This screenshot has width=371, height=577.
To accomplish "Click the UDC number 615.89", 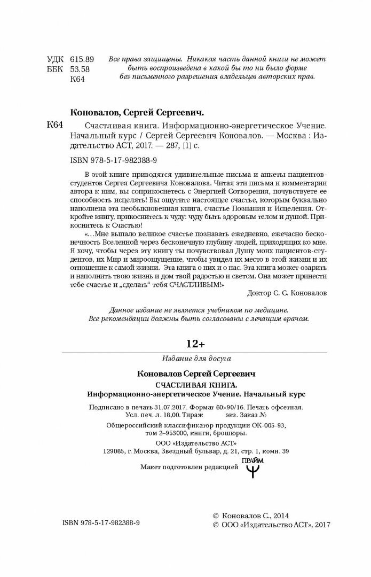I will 82,58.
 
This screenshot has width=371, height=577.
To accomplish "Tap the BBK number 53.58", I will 80,69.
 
